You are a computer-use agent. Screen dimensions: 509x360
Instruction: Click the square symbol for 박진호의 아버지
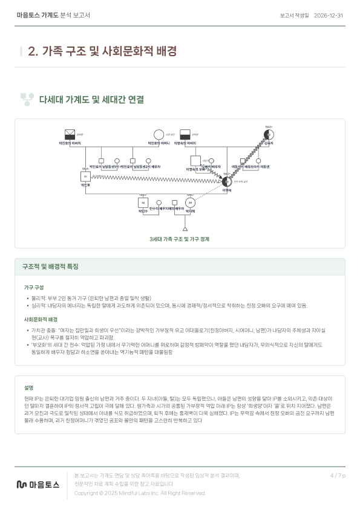coord(71,134)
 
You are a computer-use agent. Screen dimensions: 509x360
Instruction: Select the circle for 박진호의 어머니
coord(159,134)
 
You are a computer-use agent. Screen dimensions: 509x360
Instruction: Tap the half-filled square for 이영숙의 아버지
coord(186,134)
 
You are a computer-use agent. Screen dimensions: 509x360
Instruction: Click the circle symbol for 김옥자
coord(269,134)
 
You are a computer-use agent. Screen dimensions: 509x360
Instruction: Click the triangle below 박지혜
coord(185,229)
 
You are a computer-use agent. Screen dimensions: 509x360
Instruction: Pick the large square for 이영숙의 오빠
coord(195,161)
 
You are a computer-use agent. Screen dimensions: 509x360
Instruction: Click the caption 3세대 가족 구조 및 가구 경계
coord(180,239)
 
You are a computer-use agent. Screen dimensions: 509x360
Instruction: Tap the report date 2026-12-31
coord(329,15)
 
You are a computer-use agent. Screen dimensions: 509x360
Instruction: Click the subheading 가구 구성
coord(33,287)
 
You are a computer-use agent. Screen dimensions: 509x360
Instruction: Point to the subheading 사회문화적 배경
coord(41,319)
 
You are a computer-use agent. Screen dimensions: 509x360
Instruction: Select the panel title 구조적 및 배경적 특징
coord(50,266)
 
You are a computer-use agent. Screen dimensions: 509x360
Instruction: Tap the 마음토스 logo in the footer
coord(38,484)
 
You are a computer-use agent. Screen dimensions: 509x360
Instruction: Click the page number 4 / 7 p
coord(338,476)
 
